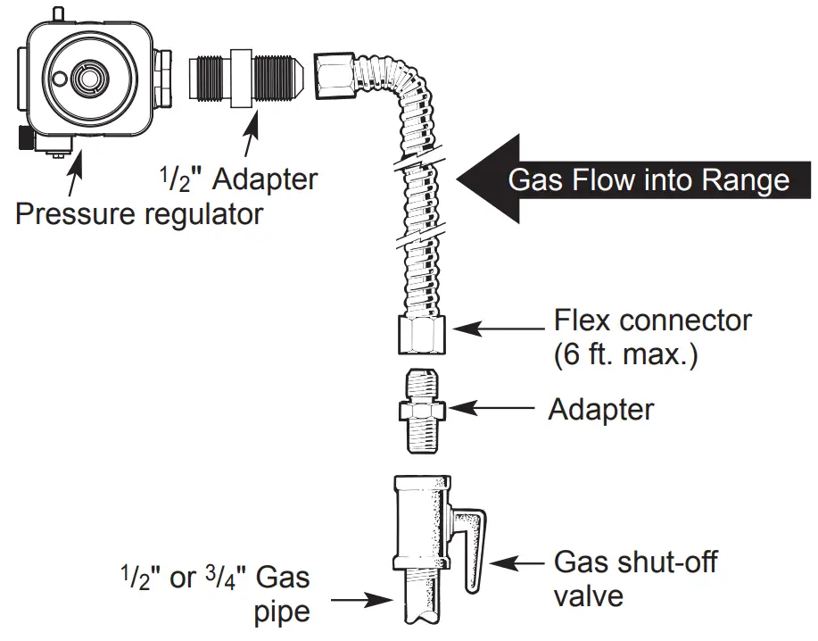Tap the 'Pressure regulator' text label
click(x=139, y=214)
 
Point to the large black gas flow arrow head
click(x=482, y=179)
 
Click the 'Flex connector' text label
click(x=653, y=320)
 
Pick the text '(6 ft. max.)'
click(x=625, y=354)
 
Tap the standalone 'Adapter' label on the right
click(x=600, y=410)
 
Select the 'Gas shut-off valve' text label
click(x=634, y=579)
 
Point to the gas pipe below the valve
click(x=422, y=603)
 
